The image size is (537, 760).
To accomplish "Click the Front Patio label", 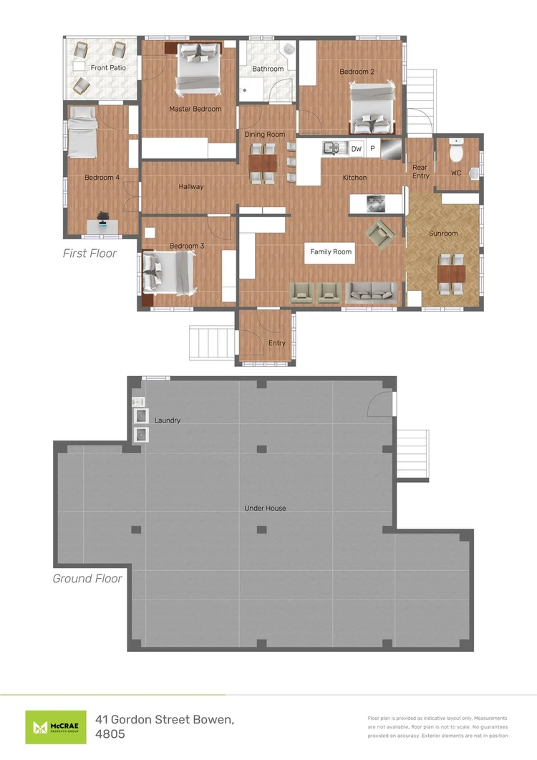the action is point(108,68).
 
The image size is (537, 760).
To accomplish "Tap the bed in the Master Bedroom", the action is point(198,67).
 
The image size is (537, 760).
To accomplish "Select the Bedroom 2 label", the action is point(357,72).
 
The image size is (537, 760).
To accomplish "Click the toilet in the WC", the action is point(456,150).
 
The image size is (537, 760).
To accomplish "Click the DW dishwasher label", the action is point(357,149).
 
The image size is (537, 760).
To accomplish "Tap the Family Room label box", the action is point(331,252).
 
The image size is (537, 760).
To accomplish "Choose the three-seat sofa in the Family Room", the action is point(372,293).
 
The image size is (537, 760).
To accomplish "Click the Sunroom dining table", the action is point(451,274).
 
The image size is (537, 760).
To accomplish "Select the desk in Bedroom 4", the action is point(102,226).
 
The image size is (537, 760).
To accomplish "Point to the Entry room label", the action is point(277,343).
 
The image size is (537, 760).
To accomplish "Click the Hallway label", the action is point(191,187).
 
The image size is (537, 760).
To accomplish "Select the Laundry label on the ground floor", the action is point(168,420).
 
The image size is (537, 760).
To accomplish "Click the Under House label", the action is point(265,508).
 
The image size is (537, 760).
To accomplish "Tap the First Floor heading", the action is point(89,253).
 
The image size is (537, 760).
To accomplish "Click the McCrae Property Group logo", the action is point(56,727).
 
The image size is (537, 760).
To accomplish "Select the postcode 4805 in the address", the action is point(110,733).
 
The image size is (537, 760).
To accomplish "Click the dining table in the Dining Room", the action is point(263,163).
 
